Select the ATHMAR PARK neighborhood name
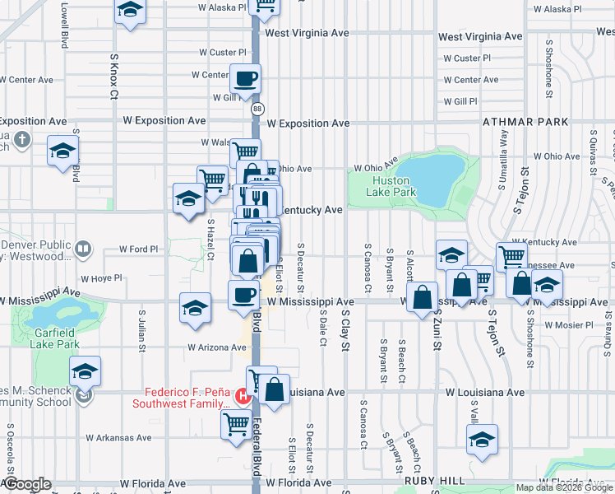click(525, 122)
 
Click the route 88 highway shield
click(258, 108)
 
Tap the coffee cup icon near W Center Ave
click(247, 79)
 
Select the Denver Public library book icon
click(82, 248)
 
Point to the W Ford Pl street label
click(138, 249)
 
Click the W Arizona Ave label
click(216, 347)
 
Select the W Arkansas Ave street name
click(121, 438)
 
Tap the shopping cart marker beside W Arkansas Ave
click(236, 425)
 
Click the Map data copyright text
click(564, 487)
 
